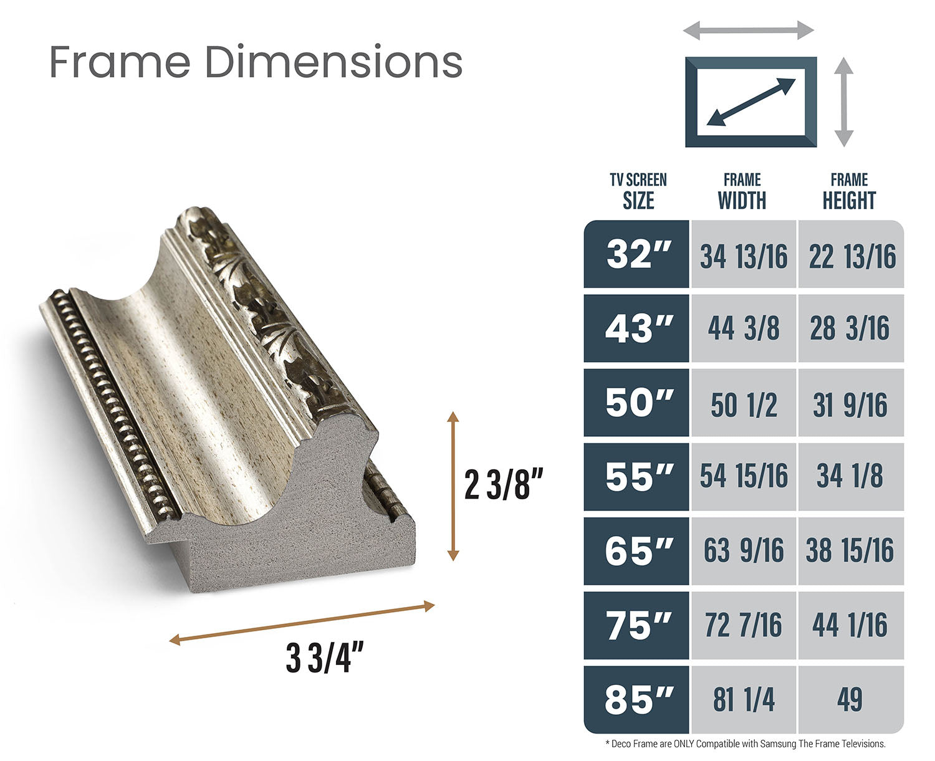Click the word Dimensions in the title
pyautogui.click(x=333, y=62)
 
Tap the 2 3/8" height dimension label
pyautogui.click(x=503, y=484)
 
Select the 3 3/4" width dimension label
pyautogui.click(x=325, y=657)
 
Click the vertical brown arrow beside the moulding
pyautogui.click(x=453, y=486)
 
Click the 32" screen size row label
pyautogui.click(x=638, y=254)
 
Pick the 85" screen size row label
pyautogui.click(x=638, y=699)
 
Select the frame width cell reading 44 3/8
pyautogui.click(x=744, y=328)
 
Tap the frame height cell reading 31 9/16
pyautogui.click(x=850, y=404)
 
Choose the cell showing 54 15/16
pyautogui.click(x=744, y=476)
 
